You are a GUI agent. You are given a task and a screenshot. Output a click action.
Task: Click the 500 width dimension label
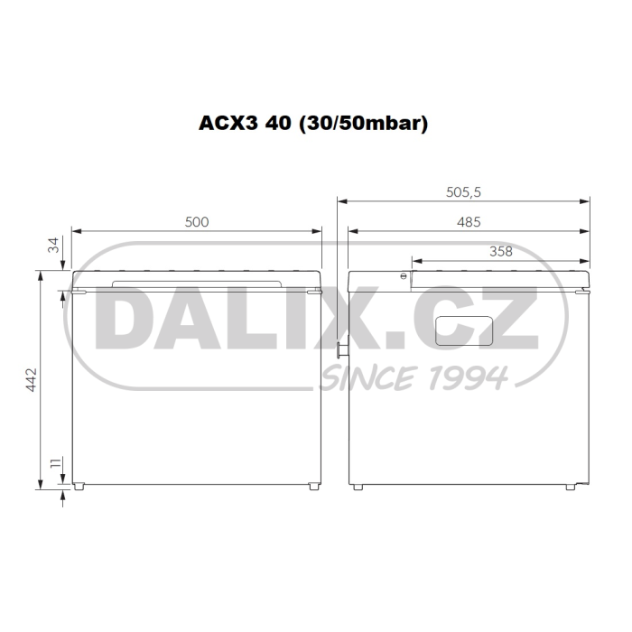coord(197,222)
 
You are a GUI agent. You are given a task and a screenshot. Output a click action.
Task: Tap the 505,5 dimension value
coord(463,192)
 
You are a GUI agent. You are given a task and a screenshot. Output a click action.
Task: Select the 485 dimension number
coord(469,222)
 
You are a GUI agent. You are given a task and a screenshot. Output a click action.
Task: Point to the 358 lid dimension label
coord(500,252)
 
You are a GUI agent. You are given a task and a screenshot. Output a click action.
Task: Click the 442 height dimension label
coord(31,380)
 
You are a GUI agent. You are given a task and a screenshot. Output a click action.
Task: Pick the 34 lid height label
coord(53,245)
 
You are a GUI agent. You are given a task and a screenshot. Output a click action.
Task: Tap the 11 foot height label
coord(56,462)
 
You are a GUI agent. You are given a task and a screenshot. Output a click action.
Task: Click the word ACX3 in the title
coord(228,123)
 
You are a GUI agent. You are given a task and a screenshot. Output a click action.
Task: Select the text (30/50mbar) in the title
coord(363,124)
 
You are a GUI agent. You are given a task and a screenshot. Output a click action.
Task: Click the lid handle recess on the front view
coord(197,283)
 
